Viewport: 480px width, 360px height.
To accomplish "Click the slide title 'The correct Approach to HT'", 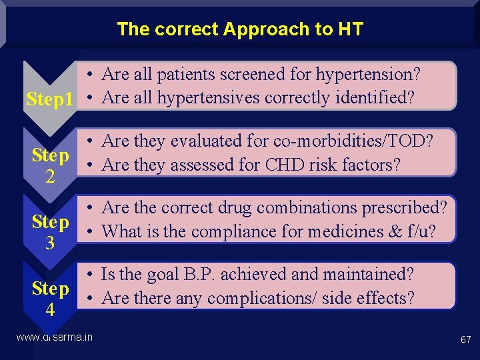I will [x=240, y=29].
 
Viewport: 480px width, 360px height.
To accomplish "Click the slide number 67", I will [x=465, y=340].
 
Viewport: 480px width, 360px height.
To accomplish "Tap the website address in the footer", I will [x=55, y=337].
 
